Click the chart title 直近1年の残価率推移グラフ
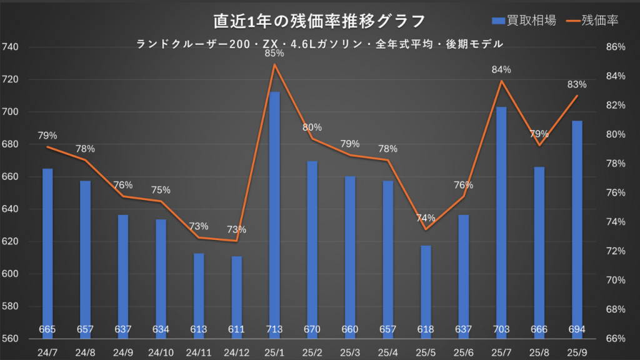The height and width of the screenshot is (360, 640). coord(319,21)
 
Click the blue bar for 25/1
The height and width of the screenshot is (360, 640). coord(274,212)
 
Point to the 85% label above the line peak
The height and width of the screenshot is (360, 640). coord(274,54)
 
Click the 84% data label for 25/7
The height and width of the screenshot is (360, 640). coord(501,69)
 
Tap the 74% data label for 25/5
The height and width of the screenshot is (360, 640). coord(426,218)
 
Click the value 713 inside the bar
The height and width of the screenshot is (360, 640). coord(274,329)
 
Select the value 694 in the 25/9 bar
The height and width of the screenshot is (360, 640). coord(577,329)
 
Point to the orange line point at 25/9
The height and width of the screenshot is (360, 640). coord(577,96)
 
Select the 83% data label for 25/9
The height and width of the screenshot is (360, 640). coord(577,84)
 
